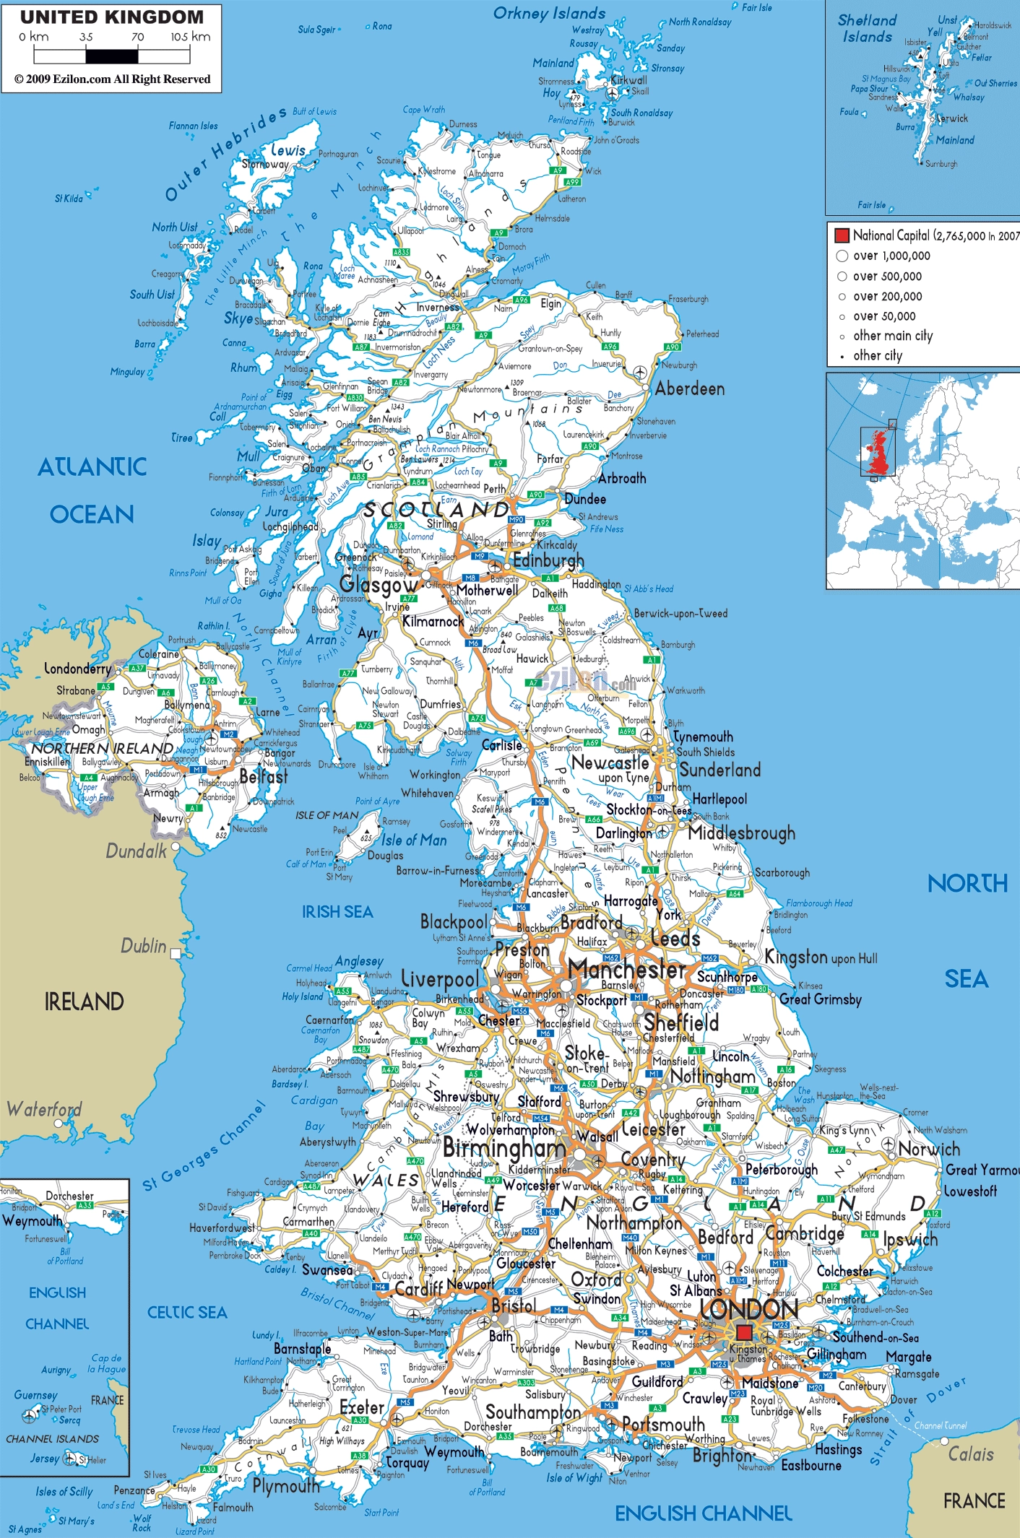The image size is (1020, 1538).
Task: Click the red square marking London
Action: click(744, 1332)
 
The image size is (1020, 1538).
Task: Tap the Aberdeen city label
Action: click(689, 389)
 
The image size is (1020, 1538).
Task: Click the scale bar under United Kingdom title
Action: click(112, 56)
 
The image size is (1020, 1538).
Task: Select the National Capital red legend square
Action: click(842, 235)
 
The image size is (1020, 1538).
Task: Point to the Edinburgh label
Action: click(548, 560)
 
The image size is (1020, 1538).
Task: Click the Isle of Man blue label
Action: click(414, 840)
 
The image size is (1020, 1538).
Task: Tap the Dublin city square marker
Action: click(175, 954)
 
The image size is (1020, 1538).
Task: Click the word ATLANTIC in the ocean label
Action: click(92, 467)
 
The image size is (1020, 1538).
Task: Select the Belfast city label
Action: click(263, 777)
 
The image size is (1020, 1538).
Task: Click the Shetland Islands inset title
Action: click(867, 29)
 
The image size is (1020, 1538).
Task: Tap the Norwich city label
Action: click(929, 1148)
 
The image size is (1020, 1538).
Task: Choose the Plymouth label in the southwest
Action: click(286, 1485)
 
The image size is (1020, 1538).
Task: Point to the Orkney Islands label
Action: click(549, 13)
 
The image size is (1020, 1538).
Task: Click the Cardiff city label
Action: click(418, 1289)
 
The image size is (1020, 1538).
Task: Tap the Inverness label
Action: click(438, 307)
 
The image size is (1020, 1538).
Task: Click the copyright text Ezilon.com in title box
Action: click(112, 79)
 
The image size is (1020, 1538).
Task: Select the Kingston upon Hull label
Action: click(821, 958)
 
